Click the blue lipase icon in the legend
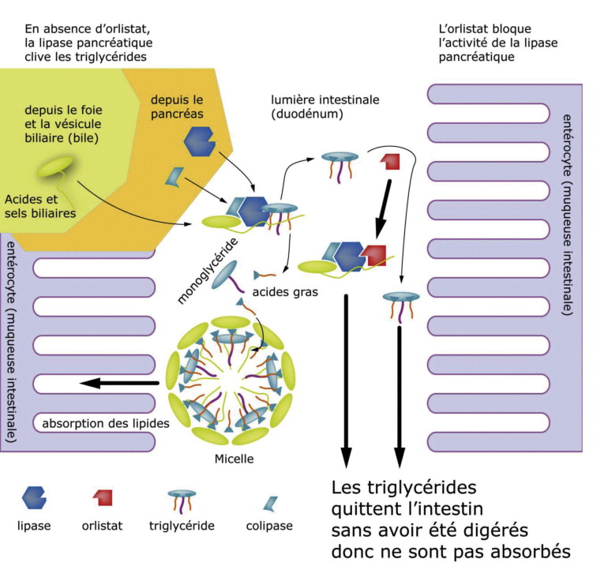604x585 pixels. click(34, 497)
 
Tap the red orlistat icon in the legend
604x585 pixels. click(103, 497)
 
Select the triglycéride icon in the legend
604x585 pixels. click(182, 501)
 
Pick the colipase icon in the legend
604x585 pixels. click(270, 504)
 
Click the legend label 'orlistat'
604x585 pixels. click(102, 526)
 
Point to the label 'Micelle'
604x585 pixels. click(234, 459)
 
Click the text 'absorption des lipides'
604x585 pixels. click(106, 423)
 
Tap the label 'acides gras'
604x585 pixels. click(285, 292)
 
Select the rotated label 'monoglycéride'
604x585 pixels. click(208, 271)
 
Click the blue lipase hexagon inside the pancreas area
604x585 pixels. click(199, 141)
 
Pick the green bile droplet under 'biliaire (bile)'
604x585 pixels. click(55, 167)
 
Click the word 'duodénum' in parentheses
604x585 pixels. click(307, 114)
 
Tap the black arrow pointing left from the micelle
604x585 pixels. click(119, 383)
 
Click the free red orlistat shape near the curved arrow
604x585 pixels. click(391, 161)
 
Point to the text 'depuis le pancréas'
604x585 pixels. click(177, 107)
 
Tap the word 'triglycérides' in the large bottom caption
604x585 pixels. click(422, 488)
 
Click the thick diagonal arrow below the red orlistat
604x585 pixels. click(384, 209)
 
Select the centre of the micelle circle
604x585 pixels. click(231, 380)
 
